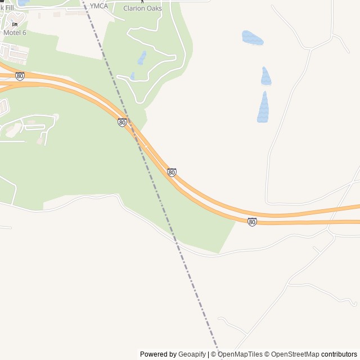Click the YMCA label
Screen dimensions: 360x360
tap(99, 6)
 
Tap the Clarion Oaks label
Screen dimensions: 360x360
tap(142, 8)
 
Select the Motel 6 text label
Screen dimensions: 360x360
tap(15, 33)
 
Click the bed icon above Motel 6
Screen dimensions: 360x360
tap(15, 25)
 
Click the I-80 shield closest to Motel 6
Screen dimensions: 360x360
tap(20, 76)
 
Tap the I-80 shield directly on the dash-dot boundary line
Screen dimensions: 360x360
tap(122, 122)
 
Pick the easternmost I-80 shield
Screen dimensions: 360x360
tap(252, 222)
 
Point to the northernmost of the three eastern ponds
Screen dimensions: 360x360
tap(253, 38)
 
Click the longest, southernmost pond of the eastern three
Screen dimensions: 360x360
tap(263, 107)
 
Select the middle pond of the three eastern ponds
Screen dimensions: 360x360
tap(266, 76)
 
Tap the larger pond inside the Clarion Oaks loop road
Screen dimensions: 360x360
tap(142, 57)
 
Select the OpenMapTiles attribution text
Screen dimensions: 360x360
tap(240, 354)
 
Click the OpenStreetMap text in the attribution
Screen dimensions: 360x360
tap(291, 354)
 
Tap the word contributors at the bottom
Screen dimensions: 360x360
tap(339, 354)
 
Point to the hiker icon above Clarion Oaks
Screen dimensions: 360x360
tap(142, 1)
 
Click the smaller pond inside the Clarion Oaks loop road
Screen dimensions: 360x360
tap(132, 75)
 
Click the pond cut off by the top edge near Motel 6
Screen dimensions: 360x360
tap(23, 2)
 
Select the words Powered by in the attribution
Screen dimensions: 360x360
tap(158, 354)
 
